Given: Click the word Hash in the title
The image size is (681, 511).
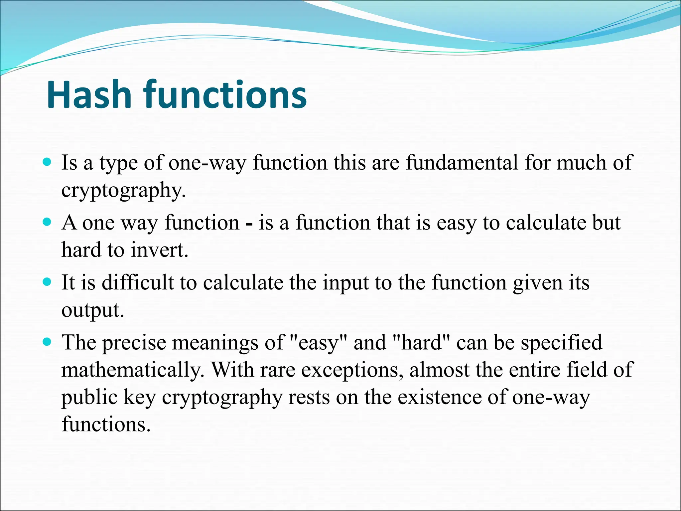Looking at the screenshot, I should pos(89,95).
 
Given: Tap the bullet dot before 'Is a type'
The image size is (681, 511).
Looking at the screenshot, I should pos(47,162).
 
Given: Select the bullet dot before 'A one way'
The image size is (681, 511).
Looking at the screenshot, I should pos(47,222).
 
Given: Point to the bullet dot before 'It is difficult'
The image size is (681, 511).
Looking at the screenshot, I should pos(47,282).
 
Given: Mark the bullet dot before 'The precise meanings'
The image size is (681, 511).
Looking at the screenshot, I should pos(47,342).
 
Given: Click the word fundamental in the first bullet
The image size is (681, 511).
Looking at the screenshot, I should pos(462,163).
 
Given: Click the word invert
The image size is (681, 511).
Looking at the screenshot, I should pos(159,250).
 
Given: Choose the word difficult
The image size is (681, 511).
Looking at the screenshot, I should pos(138,283).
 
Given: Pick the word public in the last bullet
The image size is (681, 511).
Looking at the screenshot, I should pos(89,398).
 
